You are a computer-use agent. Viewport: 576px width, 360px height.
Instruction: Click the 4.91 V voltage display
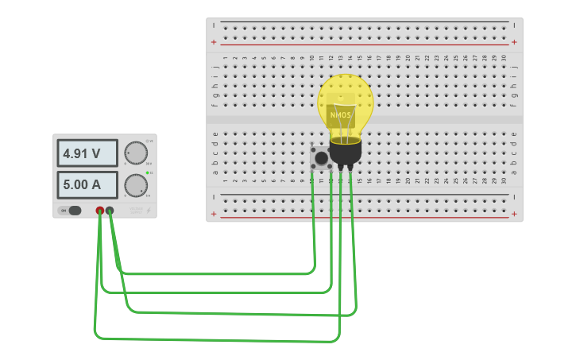click(87, 153)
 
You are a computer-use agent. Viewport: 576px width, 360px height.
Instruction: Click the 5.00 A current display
click(87, 185)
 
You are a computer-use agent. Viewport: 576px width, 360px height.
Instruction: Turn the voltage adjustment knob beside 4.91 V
click(136, 153)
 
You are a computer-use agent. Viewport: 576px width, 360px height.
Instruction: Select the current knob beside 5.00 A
click(136, 185)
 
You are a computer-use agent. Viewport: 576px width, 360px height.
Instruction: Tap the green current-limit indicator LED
click(149, 172)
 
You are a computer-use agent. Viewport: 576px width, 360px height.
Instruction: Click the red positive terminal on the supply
click(100, 211)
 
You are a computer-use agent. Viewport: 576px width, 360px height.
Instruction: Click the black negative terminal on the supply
click(110, 211)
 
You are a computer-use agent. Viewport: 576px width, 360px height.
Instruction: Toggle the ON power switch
click(74, 211)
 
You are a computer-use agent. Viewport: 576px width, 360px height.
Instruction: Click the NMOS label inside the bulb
click(340, 115)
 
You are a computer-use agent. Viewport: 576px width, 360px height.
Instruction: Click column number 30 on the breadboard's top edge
click(504, 58)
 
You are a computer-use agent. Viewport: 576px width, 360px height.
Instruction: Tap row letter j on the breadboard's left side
click(215, 67)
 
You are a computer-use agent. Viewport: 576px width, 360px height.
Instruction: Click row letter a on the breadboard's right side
click(514, 171)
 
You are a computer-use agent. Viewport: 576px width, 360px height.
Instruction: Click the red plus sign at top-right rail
click(514, 42)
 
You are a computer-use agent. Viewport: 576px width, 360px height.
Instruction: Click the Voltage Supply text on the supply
click(137, 211)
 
